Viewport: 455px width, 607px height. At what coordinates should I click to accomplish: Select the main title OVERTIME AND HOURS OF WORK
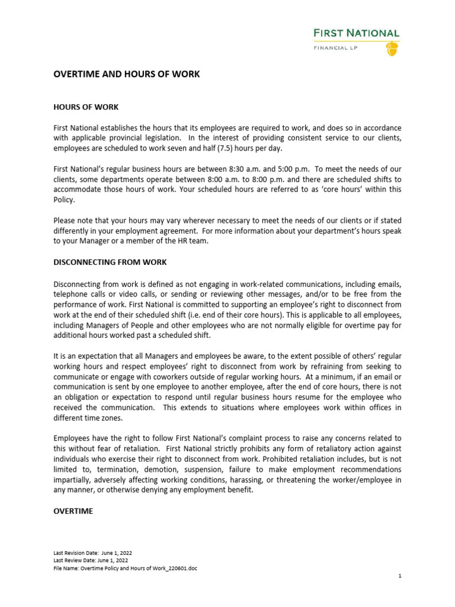pyautogui.click(x=127, y=75)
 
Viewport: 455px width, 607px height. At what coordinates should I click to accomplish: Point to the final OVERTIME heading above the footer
pyautogui.click(x=73, y=511)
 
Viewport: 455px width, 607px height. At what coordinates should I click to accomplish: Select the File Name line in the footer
pyautogui.click(x=125, y=568)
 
